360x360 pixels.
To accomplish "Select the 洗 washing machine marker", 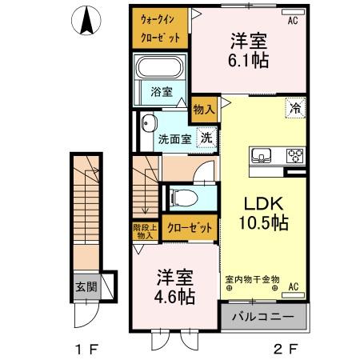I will (x=206, y=137).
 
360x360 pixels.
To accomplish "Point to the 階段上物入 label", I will (x=146, y=231).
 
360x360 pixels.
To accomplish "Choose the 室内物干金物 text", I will (x=252, y=279).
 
